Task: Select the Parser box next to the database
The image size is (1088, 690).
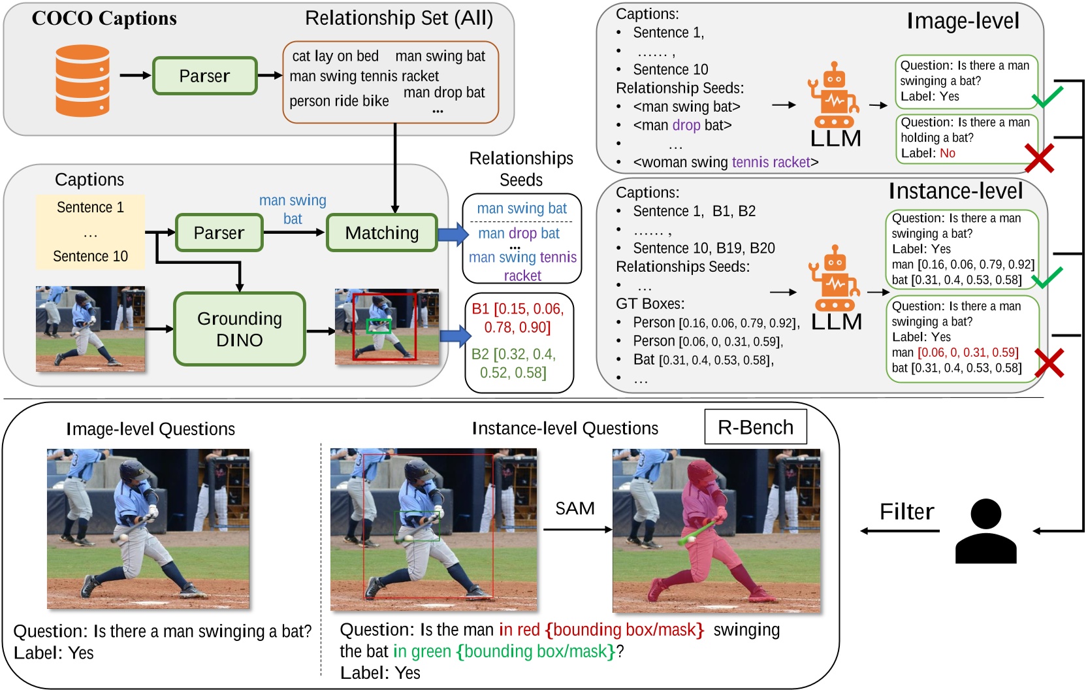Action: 204,76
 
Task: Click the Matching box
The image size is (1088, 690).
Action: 382,233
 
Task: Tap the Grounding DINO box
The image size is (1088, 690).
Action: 240,329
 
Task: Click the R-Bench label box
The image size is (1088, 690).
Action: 756,427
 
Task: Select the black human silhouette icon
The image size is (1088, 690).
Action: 985,531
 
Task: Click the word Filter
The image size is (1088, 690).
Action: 906,512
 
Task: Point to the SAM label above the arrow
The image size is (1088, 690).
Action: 575,508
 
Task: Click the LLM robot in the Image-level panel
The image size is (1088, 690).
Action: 833,96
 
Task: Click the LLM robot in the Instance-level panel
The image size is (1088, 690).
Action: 835,279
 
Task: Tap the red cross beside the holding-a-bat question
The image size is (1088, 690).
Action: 1039,158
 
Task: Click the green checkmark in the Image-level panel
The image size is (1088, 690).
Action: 1047,97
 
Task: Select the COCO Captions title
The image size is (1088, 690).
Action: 104,18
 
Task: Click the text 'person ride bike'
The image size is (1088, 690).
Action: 339,101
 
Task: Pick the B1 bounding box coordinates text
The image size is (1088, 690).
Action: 518,318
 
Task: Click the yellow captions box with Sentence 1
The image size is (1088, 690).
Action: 90,232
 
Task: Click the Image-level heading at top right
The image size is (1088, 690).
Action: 963,21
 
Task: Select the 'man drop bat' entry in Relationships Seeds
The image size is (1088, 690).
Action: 519,233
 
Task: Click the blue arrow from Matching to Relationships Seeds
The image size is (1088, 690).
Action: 453,233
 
